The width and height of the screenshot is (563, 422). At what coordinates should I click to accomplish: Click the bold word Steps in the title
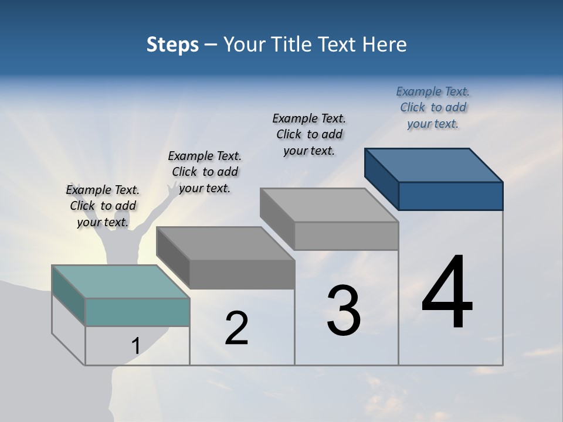click(x=172, y=45)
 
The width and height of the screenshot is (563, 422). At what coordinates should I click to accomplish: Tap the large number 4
click(x=447, y=292)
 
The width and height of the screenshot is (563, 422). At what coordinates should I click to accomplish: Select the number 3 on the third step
click(x=343, y=311)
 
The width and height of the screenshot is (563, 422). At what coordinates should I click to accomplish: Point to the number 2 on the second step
click(x=236, y=328)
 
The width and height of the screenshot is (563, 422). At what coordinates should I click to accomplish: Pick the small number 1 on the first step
click(x=135, y=346)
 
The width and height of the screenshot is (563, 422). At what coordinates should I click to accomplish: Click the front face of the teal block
click(x=137, y=312)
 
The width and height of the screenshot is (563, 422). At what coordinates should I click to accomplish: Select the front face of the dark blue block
click(x=450, y=196)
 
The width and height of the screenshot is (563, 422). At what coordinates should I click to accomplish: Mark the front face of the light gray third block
click(x=346, y=236)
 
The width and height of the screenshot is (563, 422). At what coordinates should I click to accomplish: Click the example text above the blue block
click(x=433, y=107)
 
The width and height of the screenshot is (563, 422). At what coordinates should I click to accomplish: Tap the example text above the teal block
click(x=103, y=206)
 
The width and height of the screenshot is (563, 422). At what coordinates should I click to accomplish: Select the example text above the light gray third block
click(x=309, y=134)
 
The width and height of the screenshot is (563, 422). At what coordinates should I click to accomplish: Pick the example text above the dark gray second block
click(x=205, y=172)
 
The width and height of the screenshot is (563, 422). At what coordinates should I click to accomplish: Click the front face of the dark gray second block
click(x=242, y=274)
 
